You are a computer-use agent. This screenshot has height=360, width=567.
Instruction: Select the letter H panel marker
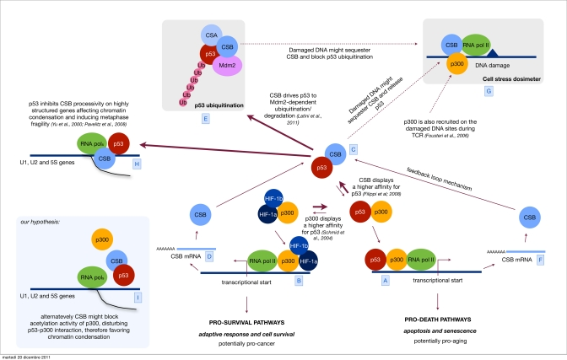click(x=136, y=164)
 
